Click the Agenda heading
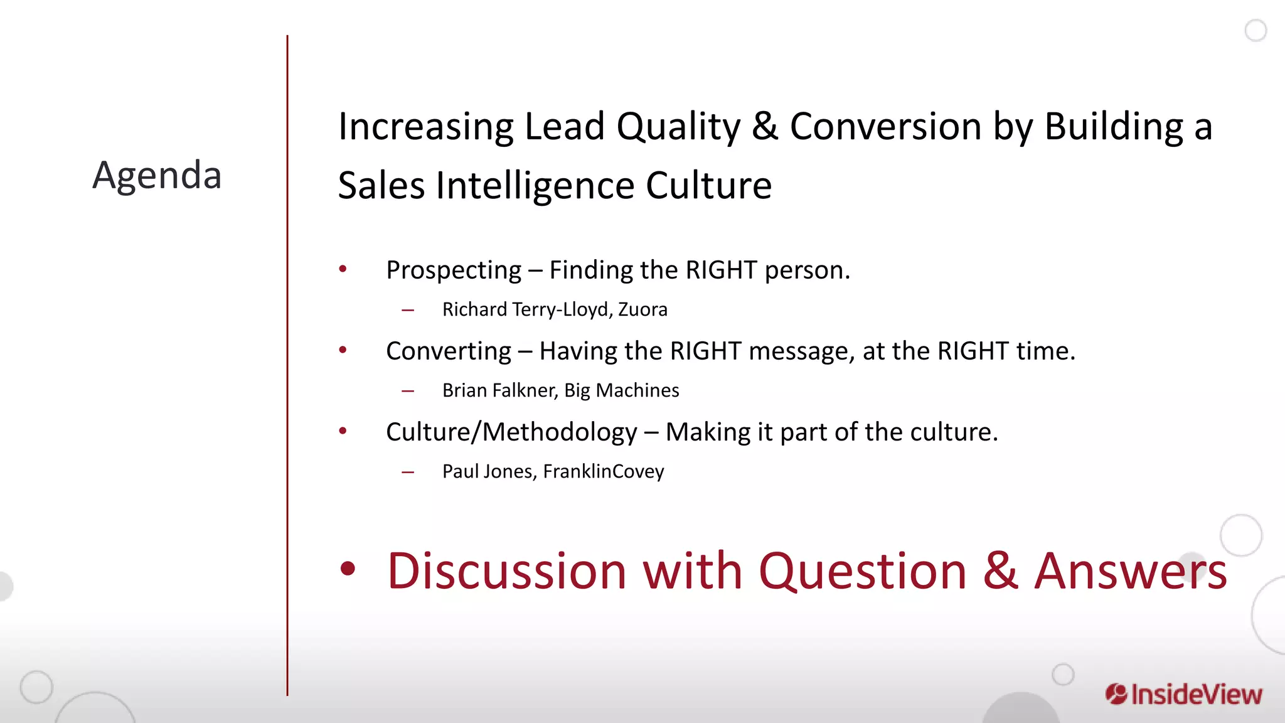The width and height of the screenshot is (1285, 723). click(157, 175)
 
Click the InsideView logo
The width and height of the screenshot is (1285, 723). click(1183, 695)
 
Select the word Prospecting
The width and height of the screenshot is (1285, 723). click(454, 270)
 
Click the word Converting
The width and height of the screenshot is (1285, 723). click(449, 351)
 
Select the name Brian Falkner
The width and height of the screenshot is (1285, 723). click(499, 390)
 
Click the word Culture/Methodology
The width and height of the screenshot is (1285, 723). click(511, 432)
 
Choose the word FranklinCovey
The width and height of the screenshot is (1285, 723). click(603, 471)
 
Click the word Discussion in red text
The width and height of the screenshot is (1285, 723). click(507, 571)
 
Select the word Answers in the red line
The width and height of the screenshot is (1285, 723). click(1130, 571)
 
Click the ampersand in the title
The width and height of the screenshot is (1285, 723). click(765, 126)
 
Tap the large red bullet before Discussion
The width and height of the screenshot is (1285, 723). click(348, 569)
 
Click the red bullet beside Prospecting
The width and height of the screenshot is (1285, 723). click(343, 269)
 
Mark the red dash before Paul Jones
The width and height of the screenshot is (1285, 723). click(408, 472)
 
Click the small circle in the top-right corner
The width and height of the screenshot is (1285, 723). click(1256, 30)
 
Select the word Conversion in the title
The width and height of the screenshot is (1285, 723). click(885, 126)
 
